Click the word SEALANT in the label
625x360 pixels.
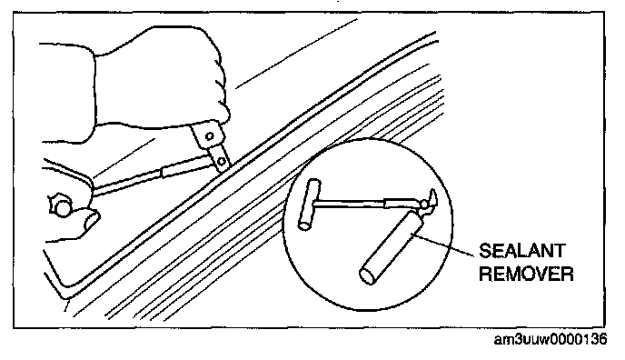point(521,251)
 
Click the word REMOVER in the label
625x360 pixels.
point(526,274)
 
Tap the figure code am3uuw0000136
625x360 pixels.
point(551,339)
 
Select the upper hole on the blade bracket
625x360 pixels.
point(209,136)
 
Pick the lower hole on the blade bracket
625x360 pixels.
point(222,162)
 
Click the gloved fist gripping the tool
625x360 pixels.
point(160,80)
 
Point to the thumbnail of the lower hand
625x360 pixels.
point(93,220)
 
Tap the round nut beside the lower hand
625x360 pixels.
point(61,207)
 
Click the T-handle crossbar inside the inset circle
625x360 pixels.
point(309,205)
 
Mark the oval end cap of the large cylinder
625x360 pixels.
point(368,275)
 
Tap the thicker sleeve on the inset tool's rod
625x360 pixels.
point(401,204)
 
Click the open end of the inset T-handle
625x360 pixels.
point(304,225)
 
